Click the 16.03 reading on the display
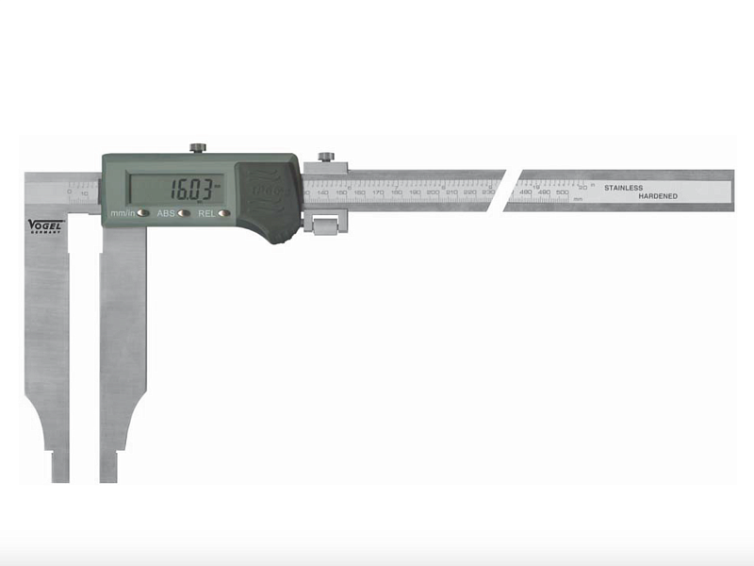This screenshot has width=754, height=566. click(192, 187)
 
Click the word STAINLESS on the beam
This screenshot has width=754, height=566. click(624, 188)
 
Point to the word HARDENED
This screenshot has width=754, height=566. click(658, 196)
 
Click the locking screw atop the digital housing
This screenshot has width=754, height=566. click(198, 148)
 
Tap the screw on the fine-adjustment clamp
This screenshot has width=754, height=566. click(326, 157)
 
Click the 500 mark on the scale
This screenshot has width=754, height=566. click(562, 192)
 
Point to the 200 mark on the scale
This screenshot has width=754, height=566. click(433, 192)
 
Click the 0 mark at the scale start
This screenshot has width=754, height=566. click(70, 192)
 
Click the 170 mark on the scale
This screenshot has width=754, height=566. click(378, 192)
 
